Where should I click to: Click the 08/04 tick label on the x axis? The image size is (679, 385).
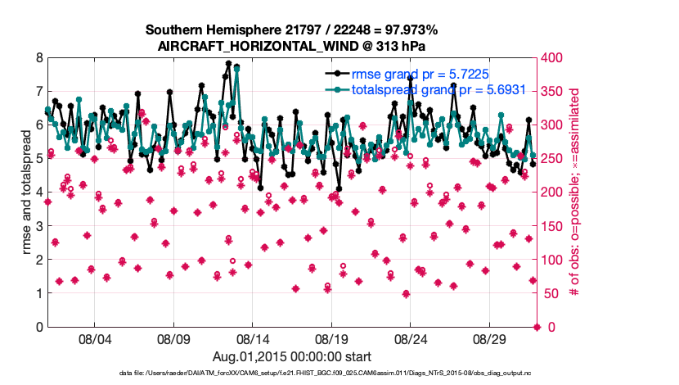pos(94,337)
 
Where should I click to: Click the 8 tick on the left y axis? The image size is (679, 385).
pos(38,58)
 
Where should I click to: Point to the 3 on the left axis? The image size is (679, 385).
pos(38,226)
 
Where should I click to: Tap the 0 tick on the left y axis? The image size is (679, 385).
pos(38,327)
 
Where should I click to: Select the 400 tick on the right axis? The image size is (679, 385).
pos(554,58)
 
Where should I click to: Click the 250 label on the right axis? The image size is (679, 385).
pos(554,159)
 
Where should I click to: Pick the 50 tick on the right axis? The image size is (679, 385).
pos(551,293)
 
